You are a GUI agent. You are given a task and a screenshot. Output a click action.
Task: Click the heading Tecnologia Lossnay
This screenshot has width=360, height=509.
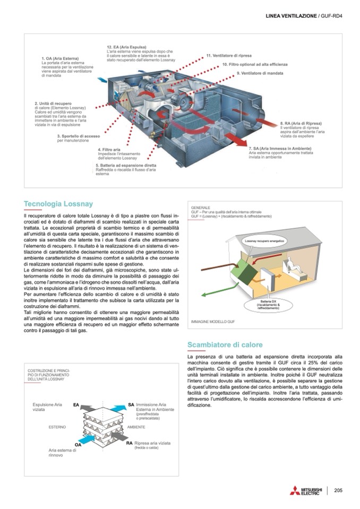(58, 203)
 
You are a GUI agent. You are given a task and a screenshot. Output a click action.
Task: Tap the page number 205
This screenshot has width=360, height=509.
(338, 490)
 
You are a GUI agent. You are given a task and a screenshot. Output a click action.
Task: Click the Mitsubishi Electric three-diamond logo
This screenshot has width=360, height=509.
(295, 490)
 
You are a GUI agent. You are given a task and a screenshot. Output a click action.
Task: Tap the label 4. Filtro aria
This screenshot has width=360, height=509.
(109, 150)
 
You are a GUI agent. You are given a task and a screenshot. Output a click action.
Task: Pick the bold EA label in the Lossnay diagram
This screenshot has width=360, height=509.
(76, 405)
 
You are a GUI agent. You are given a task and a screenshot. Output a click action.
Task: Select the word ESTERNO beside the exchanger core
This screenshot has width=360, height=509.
(57, 427)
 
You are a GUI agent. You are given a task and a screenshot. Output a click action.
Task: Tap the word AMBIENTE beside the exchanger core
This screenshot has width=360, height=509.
(136, 427)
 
